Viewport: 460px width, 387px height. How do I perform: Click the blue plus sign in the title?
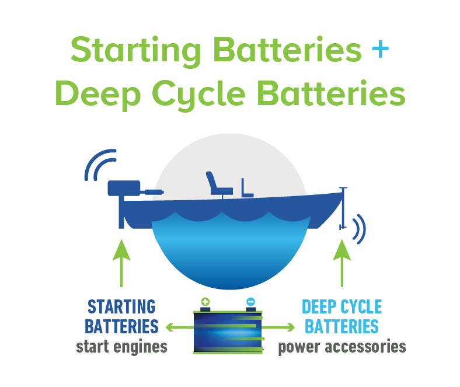coord(380,48)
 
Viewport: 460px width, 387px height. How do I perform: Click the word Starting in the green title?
coord(135,51)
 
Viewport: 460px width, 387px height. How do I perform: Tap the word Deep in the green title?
coord(98,95)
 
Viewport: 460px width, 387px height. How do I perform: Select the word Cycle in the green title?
coord(198,95)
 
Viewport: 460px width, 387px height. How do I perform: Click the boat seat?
coord(218,184)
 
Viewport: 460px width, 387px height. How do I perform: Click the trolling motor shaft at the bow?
coord(343,208)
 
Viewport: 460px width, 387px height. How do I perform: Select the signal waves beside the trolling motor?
coord(360,229)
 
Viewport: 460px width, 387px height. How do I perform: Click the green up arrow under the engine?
coord(121,263)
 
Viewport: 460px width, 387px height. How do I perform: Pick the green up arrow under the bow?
coord(341,263)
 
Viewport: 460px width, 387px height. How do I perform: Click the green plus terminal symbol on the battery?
coord(205,302)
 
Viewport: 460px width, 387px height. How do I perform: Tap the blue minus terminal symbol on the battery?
coord(250,302)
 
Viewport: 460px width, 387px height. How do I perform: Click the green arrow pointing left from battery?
coord(180,327)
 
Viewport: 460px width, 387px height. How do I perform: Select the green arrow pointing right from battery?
coord(278,327)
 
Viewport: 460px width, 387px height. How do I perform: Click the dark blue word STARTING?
coord(121,307)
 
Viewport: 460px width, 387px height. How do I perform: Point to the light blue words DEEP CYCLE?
coord(341,307)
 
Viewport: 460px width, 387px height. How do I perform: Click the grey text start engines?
coord(121,347)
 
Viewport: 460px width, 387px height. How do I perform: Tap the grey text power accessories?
coord(342,347)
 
